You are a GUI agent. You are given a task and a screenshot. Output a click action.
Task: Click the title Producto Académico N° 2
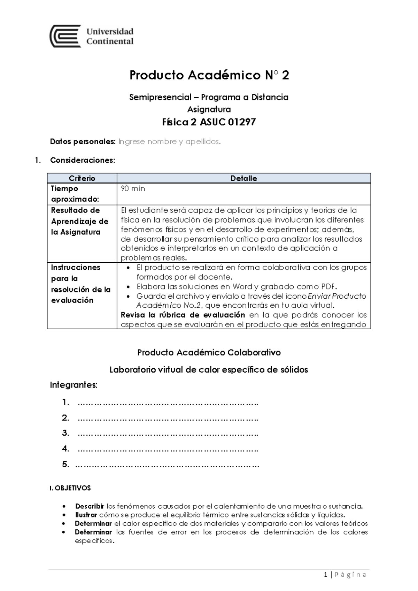pos(209,75)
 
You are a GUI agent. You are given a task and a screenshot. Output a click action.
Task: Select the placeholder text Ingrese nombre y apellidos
pos(170,141)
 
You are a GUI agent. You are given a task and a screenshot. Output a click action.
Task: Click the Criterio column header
pos(82,178)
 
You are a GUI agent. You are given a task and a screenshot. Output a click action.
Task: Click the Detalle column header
pos(243,178)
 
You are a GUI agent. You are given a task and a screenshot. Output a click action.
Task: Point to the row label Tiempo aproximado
pos(75,194)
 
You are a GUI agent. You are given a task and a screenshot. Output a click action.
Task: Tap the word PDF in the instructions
pos(328,287)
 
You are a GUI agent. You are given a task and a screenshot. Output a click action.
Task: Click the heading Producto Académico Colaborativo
pos(209,352)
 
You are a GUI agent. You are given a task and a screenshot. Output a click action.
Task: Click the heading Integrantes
pos(73,385)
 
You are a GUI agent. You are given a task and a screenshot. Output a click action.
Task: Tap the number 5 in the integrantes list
pos(65,464)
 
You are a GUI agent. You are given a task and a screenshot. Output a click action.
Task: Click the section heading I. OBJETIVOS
pos(70,488)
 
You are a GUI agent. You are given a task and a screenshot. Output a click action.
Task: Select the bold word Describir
pos(90,506)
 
